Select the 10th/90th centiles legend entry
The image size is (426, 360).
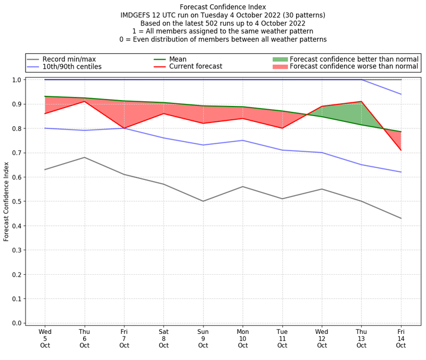[x=72, y=67]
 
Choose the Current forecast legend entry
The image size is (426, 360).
[x=195, y=67]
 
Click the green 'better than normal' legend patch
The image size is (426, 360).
[x=280, y=59]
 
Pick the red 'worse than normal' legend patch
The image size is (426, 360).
[x=280, y=67]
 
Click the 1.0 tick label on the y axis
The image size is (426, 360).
[x=17, y=80]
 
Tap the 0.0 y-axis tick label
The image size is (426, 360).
[x=17, y=323]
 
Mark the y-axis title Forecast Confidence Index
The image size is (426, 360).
[x=6, y=201]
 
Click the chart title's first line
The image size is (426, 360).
[x=223, y=7]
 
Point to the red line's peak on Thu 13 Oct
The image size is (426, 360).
[x=362, y=101]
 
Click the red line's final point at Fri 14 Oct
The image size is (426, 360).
[x=401, y=150]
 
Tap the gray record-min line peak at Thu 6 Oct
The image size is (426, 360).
[x=85, y=157]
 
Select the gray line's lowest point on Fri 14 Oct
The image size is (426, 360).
[x=401, y=218]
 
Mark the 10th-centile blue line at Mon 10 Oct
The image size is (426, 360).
[x=243, y=141]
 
